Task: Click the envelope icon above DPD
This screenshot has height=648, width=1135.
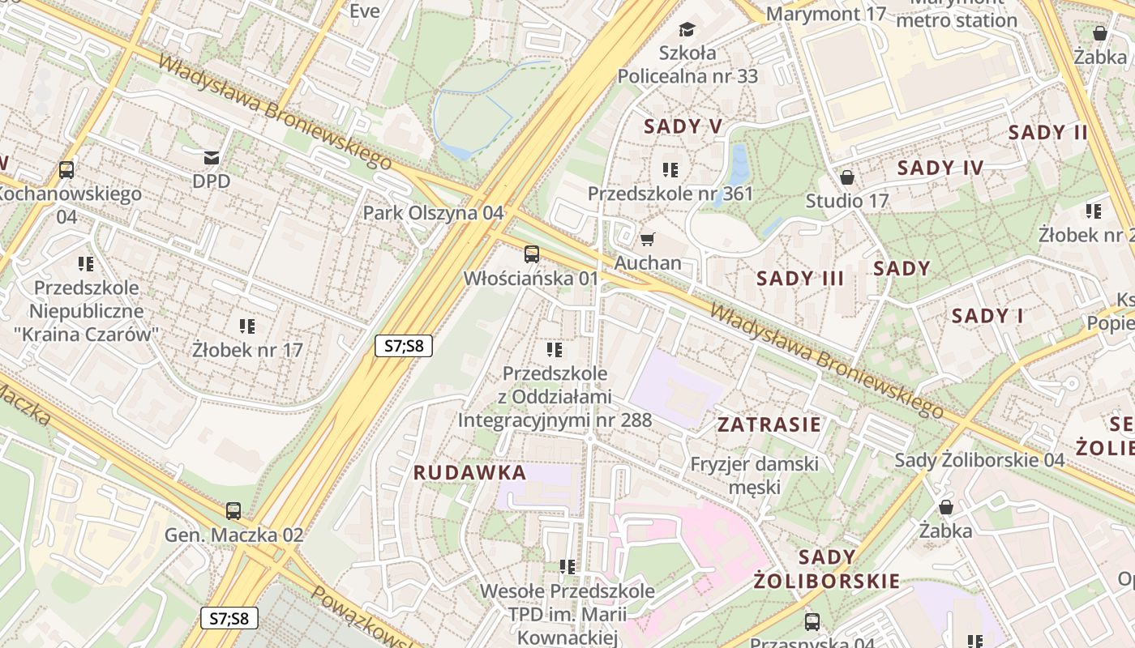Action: point(212,157)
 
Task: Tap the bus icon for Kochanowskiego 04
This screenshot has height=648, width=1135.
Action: point(66,170)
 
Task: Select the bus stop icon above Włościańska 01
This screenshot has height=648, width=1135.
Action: point(531,254)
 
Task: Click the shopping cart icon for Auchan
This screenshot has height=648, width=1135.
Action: point(647,239)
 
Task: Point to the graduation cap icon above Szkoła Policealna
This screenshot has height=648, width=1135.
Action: point(687,30)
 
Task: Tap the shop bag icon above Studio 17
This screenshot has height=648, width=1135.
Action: point(847,177)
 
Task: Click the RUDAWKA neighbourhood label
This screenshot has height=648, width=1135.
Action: point(469,472)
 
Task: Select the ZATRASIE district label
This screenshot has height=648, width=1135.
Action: point(769,424)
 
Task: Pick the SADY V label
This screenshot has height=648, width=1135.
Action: point(683,126)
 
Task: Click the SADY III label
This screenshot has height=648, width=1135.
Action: point(800,279)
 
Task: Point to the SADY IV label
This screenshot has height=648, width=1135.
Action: point(940,168)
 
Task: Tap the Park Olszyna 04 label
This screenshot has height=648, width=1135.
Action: point(433,213)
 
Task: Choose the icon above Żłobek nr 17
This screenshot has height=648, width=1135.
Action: point(247,326)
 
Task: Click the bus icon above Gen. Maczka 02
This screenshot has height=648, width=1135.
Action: point(233,511)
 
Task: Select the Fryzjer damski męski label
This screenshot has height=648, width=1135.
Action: point(754,475)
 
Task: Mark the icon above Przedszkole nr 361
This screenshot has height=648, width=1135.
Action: point(670,170)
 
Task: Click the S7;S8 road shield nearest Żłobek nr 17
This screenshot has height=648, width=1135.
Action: point(404,346)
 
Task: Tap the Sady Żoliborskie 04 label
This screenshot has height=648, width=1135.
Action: point(979,460)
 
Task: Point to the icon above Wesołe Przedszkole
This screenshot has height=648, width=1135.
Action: point(567,567)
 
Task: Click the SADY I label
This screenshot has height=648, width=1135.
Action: point(987,316)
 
